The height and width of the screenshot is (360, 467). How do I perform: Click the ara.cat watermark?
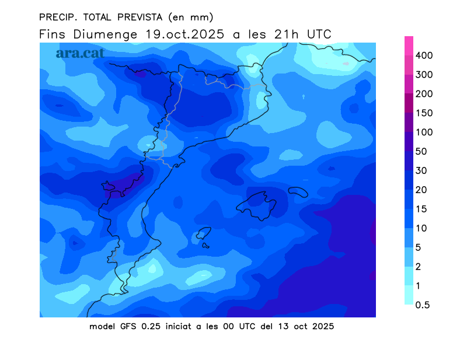coord(80,53)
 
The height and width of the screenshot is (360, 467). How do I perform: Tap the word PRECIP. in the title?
coord(58,16)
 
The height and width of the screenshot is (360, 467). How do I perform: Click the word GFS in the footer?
coord(128,326)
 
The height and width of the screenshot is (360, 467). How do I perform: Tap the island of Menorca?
coord(298,191)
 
